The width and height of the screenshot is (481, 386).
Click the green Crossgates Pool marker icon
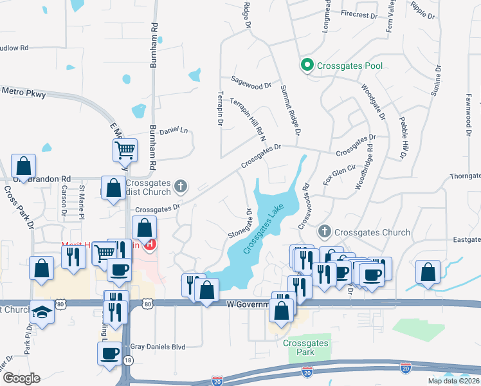tap(307, 65)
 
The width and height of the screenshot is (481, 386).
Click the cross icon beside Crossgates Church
tap(325, 232)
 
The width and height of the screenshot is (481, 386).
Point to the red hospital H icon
tap(150, 244)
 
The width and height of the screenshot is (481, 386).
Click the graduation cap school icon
tap(42, 313)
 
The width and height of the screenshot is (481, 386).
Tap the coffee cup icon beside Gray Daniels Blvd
tap(108, 352)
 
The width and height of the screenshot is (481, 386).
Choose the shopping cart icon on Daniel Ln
tap(124, 151)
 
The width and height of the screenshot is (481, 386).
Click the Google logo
tap(21, 378)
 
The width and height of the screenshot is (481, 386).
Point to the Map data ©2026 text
tap(453, 381)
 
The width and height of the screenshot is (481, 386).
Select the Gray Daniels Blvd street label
tap(158, 347)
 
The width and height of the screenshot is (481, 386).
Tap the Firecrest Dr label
tap(359, 14)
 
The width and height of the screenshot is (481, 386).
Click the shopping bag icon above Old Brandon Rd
tap(23, 166)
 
